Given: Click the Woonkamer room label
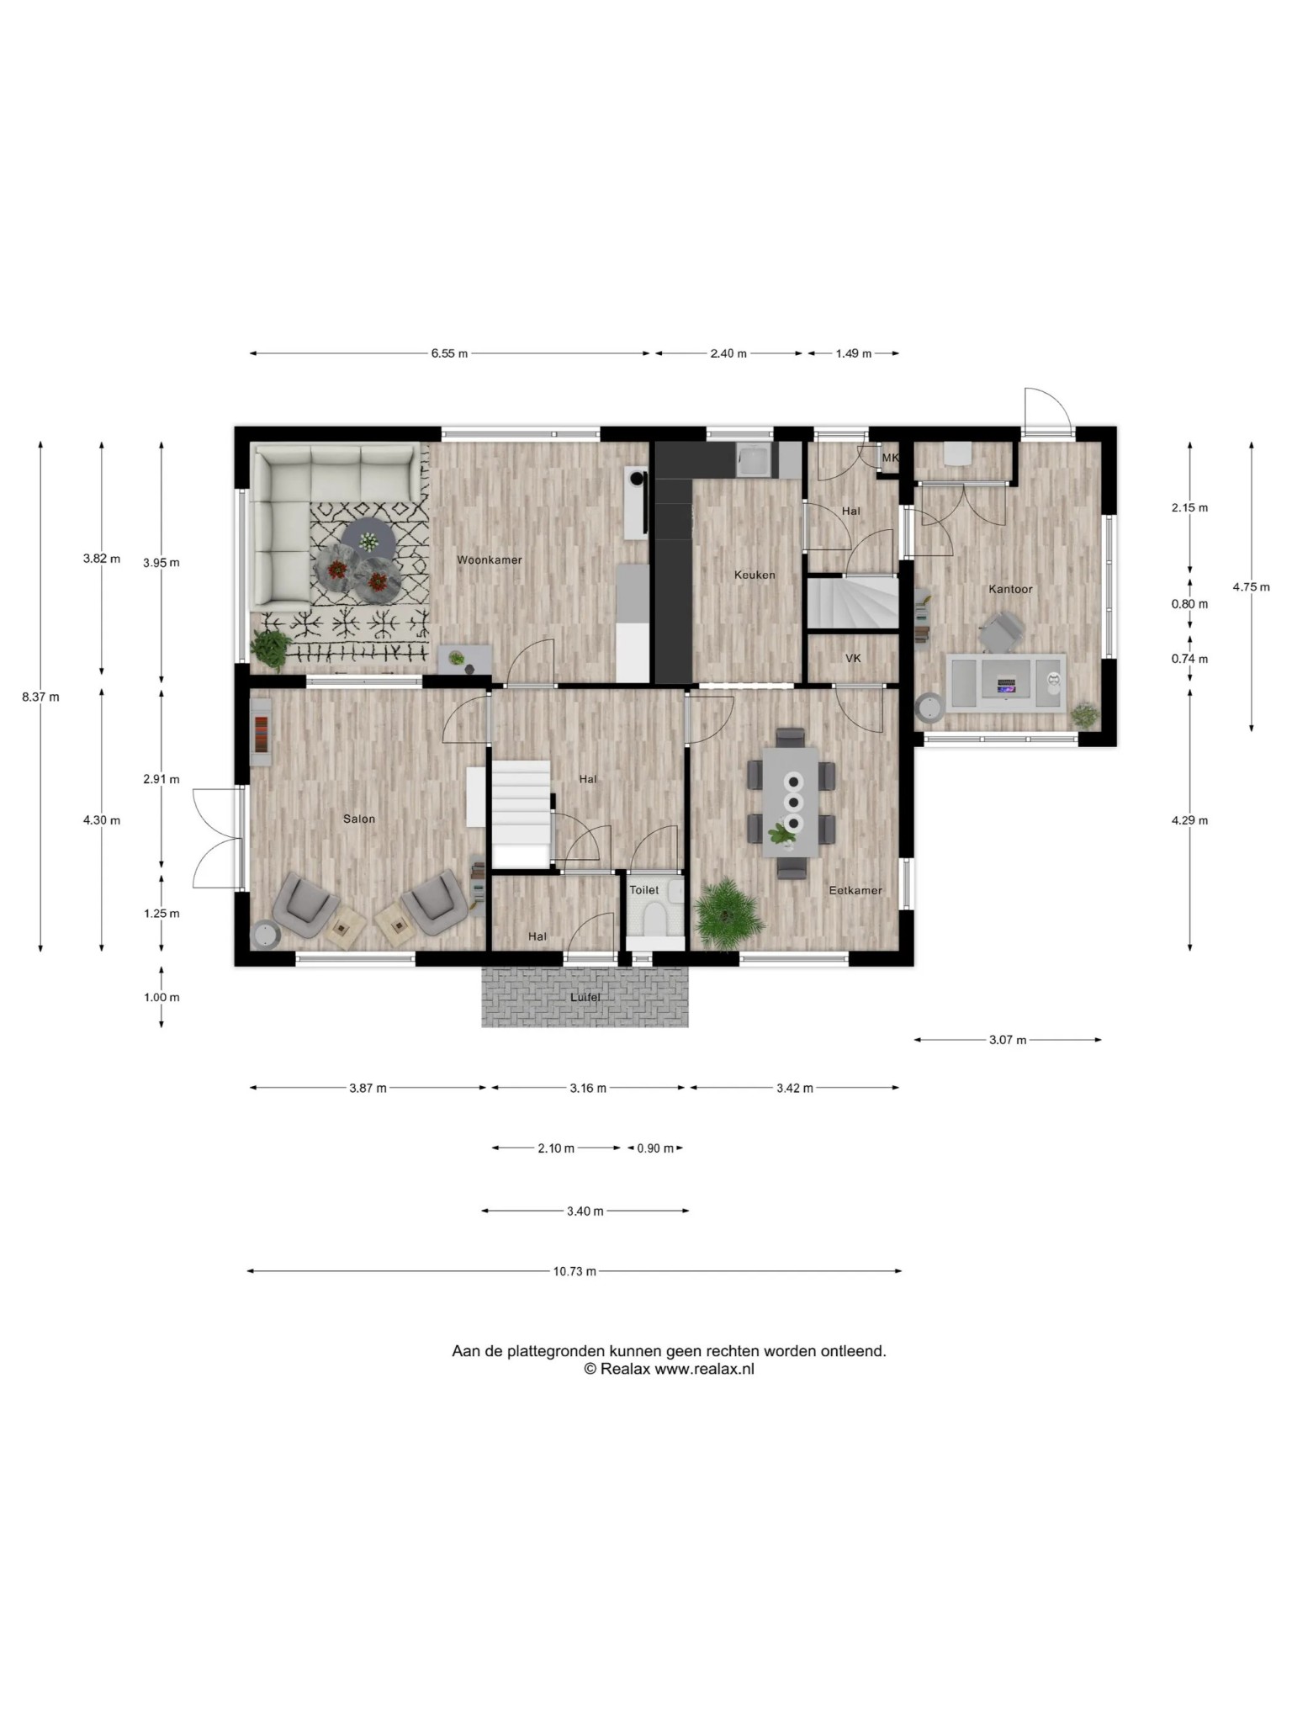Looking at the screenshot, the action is pos(490,559).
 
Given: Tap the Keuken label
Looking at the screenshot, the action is pos(755,575).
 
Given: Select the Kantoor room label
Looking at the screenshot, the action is pos(1010,589).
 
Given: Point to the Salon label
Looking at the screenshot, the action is pos(359,819).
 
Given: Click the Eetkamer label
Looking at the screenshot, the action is pos(855,890).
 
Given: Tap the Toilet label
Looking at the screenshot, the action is pos(644,890).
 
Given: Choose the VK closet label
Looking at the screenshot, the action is pos(853,658).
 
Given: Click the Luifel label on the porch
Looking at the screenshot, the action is pos(585,997).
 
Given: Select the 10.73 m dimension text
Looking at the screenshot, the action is pos(575,1271).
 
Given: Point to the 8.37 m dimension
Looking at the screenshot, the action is pos(40,697).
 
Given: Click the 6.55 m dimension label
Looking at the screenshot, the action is pos(449,353).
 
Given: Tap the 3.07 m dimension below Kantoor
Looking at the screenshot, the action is pos(1008,1040).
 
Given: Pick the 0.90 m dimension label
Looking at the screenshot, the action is pos(655,1148).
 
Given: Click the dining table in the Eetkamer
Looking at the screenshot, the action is pos(792,802).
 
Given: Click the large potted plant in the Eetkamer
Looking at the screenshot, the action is pos(729,913).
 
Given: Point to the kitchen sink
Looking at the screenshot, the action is pos(755,461).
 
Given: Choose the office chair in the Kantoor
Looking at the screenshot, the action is pos(1001,631).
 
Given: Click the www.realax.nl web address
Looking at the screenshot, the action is pos(705,1369).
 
